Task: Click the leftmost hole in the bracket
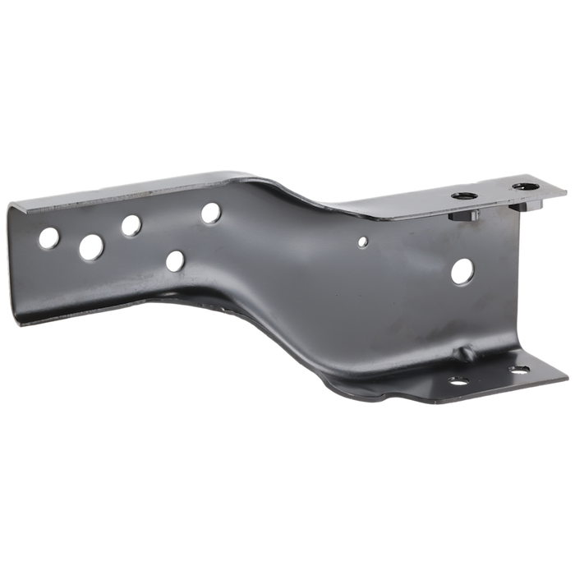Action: [x=48, y=239]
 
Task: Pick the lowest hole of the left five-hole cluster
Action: [x=175, y=261]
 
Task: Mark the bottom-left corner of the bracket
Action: [x=39, y=305]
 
